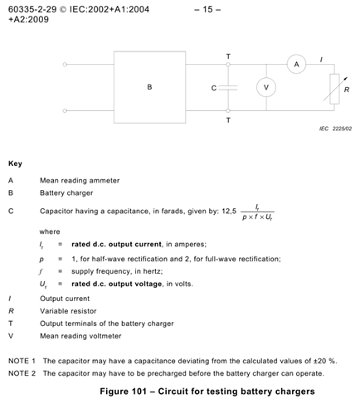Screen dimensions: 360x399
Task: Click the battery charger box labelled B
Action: [x=149, y=86]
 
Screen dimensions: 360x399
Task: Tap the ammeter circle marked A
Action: [x=294, y=65]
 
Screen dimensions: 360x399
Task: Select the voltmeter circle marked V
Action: [x=265, y=87]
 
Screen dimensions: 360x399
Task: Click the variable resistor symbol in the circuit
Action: [x=333, y=88]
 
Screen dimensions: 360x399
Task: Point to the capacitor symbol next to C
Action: [x=229, y=87]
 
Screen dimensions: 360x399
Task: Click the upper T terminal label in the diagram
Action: [x=229, y=56]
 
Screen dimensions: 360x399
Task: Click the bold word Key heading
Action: [x=14, y=163]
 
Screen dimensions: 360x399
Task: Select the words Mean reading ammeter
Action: [x=80, y=180]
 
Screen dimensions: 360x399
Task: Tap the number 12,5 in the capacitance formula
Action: [x=219, y=211]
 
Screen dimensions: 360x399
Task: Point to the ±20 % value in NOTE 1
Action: [x=299, y=361]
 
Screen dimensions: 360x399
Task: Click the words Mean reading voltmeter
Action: [x=80, y=336]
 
